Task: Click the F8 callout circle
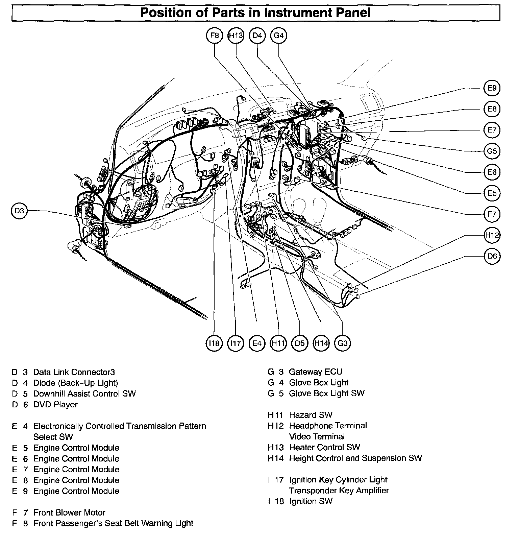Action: (x=215, y=35)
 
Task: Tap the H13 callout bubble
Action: (x=236, y=35)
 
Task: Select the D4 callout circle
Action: (x=257, y=35)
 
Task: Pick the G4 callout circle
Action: (x=279, y=35)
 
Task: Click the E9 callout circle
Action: (x=492, y=88)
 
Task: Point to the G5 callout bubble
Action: (x=492, y=151)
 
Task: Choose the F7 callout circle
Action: (x=492, y=214)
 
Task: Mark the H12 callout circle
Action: (x=492, y=235)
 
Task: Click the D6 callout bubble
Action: (x=492, y=256)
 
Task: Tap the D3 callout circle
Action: (x=20, y=211)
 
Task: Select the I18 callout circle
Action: (x=214, y=343)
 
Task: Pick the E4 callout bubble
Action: (x=257, y=343)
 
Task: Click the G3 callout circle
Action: (x=342, y=343)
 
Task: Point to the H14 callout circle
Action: (x=321, y=343)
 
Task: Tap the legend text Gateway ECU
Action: (x=315, y=372)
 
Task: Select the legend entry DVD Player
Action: (x=55, y=404)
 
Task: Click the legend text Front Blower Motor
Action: (x=69, y=512)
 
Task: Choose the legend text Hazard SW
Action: (x=311, y=415)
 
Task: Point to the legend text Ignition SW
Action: (x=311, y=501)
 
